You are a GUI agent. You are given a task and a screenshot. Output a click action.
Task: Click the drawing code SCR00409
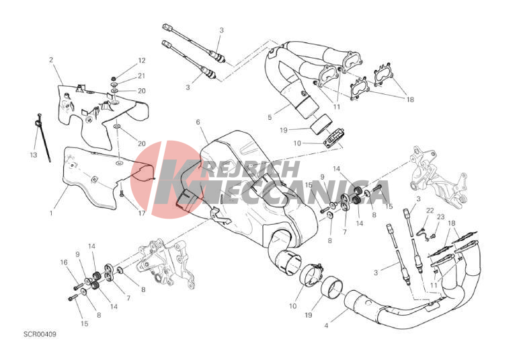pos(40,334)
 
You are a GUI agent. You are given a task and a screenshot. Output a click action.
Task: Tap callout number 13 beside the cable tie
pos(34,155)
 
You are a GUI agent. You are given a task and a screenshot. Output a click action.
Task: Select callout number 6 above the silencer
pos(198,122)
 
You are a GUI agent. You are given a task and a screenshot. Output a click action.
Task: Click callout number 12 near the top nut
pos(142,61)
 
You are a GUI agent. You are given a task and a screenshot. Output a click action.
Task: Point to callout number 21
pos(142,76)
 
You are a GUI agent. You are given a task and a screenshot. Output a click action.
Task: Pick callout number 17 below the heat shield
pos(142,213)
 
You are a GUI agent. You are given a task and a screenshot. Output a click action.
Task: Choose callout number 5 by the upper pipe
pos(270,117)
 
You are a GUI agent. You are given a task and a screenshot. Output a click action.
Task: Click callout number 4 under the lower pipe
pos(326,326)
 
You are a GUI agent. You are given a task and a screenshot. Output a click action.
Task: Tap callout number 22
pos(430,210)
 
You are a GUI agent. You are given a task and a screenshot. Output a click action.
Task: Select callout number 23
pos(440,217)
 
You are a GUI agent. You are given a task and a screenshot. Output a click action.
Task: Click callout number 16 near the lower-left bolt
pos(64,262)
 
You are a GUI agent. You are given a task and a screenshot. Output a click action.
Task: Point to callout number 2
pos(51,60)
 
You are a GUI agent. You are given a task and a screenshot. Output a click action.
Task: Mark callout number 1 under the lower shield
pos(51,213)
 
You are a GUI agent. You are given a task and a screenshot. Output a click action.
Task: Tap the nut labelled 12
pos(114,79)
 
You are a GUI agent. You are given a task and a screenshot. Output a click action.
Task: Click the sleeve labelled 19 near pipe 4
pos(331,287)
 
